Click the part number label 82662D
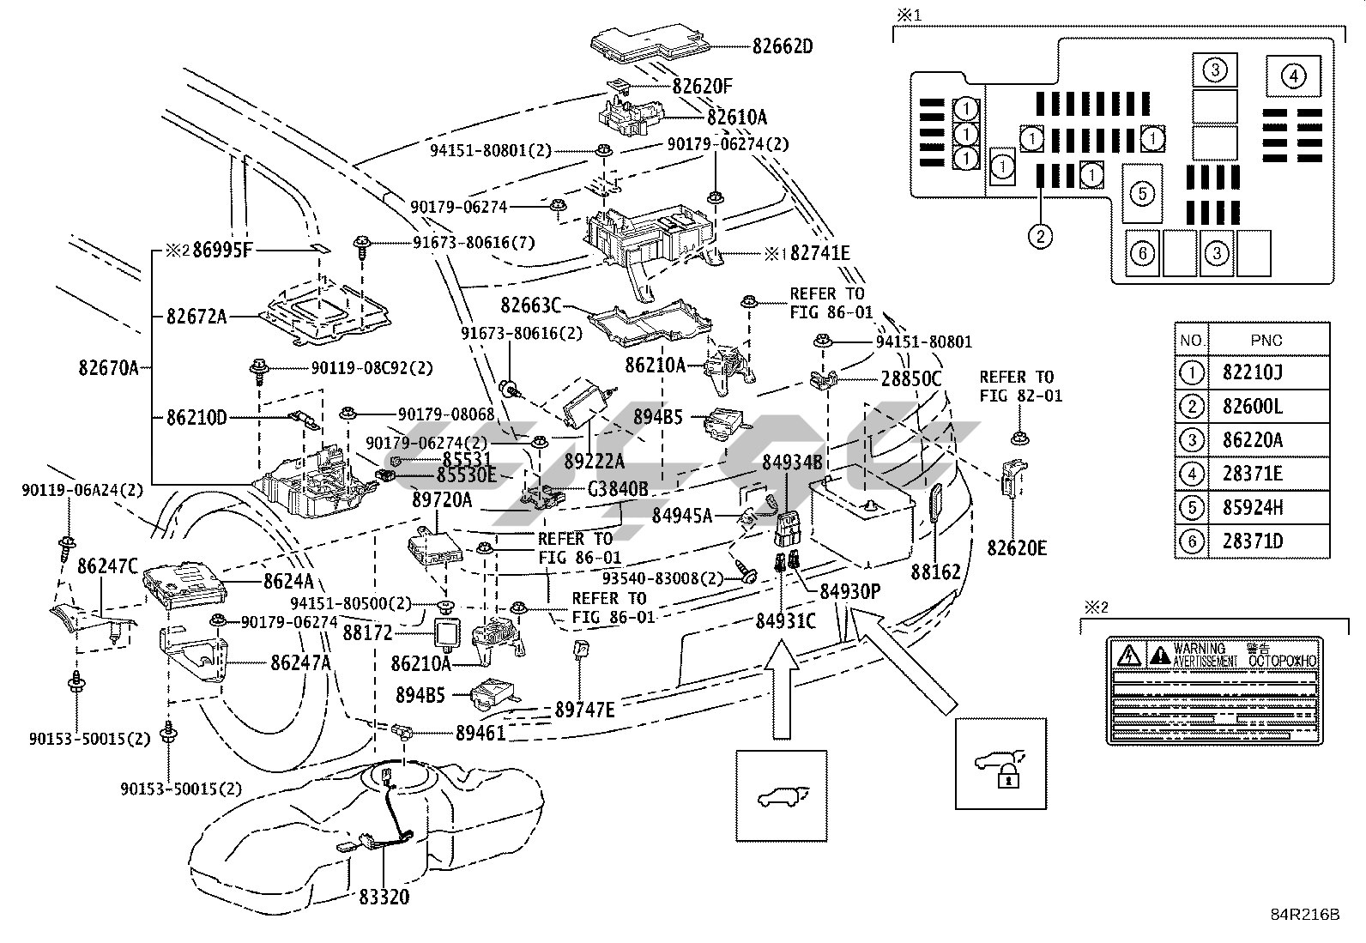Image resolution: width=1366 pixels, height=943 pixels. point(782,45)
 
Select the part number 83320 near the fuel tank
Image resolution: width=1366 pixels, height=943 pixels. point(384,898)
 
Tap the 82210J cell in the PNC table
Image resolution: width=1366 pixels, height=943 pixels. point(1253,373)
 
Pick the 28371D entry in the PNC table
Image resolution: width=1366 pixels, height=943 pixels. point(1253,541)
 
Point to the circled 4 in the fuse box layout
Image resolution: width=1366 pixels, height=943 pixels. point(1293,77)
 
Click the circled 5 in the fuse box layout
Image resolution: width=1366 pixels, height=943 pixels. point(1142,194)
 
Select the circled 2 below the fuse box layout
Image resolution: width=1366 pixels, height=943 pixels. point(1040,235)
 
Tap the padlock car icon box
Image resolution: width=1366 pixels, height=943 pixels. point(1000,764)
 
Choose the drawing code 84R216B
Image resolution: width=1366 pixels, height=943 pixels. point(1306,915)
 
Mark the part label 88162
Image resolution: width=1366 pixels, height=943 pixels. point(935,571)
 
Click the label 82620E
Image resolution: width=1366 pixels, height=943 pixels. point(1017,547)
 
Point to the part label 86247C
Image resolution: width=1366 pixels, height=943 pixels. point(107,566)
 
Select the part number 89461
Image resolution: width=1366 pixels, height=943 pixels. point(481,733)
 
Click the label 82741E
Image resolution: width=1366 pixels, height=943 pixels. point(819,253)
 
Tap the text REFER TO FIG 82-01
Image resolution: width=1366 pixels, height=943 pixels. point(1020,386)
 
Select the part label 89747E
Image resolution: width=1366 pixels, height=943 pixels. point(585,710)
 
